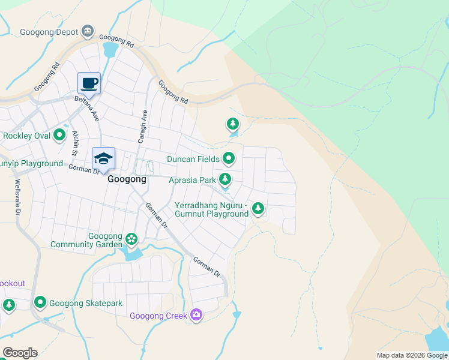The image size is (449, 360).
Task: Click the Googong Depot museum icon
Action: tap(88, 31)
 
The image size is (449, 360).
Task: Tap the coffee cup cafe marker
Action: tap(89, 83)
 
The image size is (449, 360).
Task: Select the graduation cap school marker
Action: tap(103, 159)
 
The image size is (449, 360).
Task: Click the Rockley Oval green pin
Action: tap(59, 135)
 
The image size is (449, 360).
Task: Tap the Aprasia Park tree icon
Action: tap(225, 179)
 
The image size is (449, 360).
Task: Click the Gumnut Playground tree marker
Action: tap(258, 208)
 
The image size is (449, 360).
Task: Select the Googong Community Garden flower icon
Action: tap(131, 239)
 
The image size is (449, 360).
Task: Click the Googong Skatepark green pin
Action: tap(40, 302)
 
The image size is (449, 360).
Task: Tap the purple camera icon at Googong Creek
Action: tap(196, 315)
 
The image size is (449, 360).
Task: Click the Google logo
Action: tap(20, 353)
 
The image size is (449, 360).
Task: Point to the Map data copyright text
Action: tap(411, 355)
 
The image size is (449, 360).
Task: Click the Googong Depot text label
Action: tap(50, 32)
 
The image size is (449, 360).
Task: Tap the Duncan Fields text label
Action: tap(193, 159)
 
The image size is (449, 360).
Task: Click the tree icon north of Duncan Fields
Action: tap(232, 124)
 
